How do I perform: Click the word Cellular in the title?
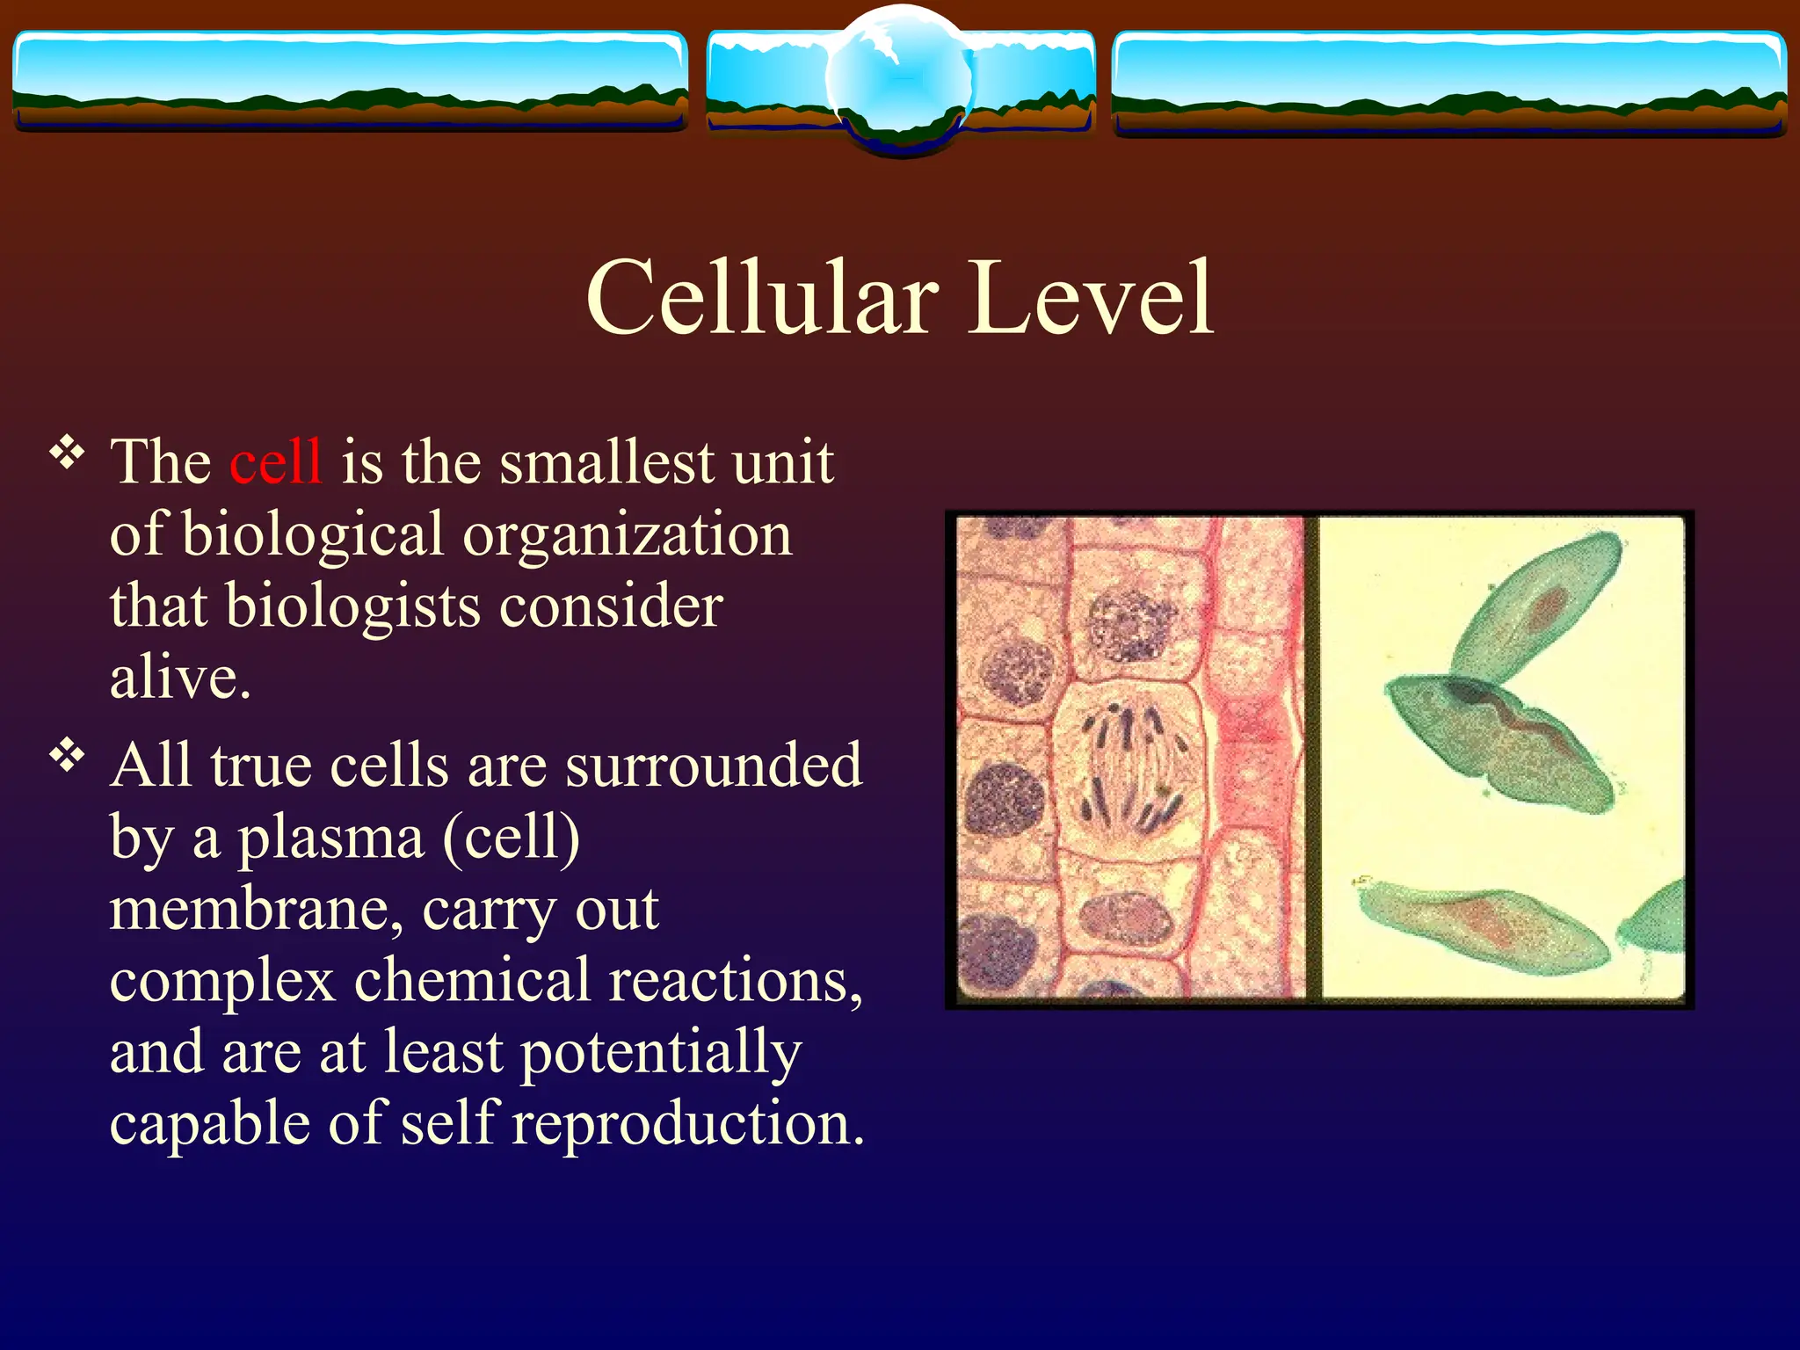tap(761, 299)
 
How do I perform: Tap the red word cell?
tap(275, 461)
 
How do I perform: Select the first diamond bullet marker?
tap(67, 454)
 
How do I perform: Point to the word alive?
tap(179, 679)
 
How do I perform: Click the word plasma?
tap(332, 838)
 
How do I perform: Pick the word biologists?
tap(352, 606)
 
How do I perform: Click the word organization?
tap(628, 534)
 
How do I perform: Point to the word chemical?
tap(472, 981)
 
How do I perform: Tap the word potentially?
tap(660, 1053)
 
